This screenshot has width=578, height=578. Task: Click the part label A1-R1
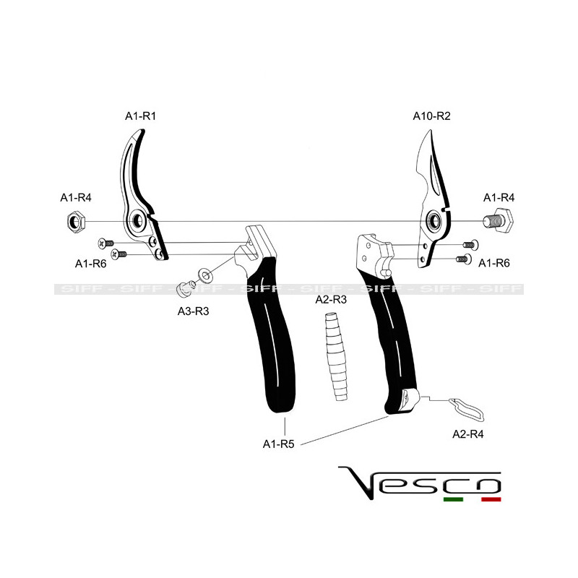pyautogui.click(x=141, y=116)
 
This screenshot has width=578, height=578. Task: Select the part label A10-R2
pyautogui.click(x=432, y=116)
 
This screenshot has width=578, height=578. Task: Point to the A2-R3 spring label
pyautogui.click(x=332, y=298)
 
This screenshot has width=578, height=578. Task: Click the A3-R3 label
pyautogui.click(x=194, y=311)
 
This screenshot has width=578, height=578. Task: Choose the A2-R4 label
pyautogui.click(x=469, y=434)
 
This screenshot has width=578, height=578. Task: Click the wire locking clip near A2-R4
pyautogui.click(x=466, y=409)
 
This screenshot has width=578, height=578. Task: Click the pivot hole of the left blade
pyautogui.click(x=135, y=220)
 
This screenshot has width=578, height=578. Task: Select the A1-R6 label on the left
pyautogui.click(x=91, y=264)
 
